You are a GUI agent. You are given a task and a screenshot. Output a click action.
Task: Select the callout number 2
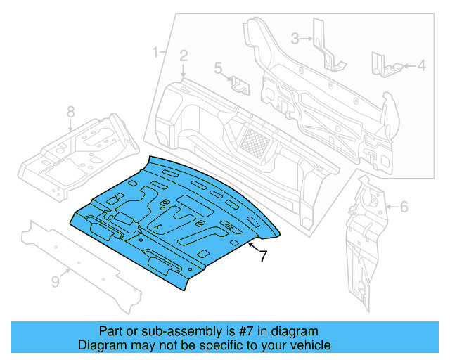coord(183,56)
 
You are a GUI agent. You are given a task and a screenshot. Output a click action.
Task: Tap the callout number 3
coord(296,38)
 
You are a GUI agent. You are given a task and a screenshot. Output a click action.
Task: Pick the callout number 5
coord(219,68)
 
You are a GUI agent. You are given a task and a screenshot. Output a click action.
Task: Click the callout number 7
coord(263,257)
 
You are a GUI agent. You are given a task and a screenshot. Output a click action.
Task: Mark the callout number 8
coord(70,112)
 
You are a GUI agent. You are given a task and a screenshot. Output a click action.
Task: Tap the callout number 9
coord(56,282)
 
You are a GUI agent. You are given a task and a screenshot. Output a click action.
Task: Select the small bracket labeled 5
coord(240,85)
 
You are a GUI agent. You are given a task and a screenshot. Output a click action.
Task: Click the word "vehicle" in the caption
coord(308,345)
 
